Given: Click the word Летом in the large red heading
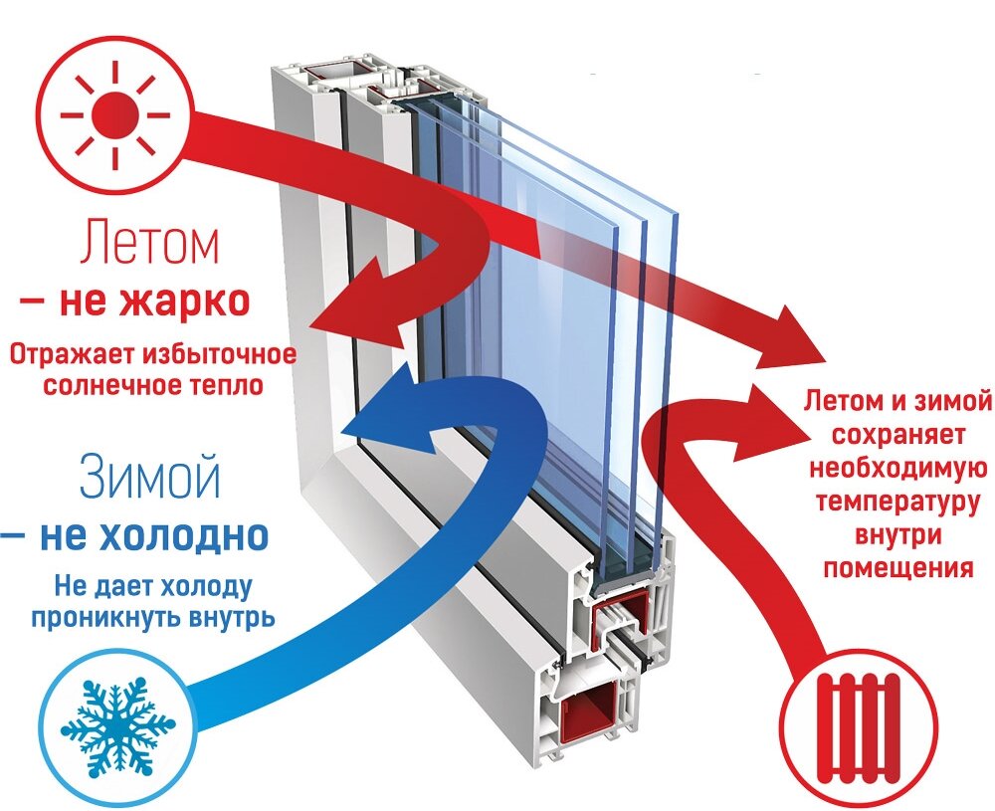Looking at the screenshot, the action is (149, 243).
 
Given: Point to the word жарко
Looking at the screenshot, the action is (183, 303).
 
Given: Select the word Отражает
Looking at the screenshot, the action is (74, 354).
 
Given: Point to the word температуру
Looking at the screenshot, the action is (897, 502).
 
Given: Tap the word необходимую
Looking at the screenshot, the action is (897, 469).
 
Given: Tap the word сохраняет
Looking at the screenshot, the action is (897, 435).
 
